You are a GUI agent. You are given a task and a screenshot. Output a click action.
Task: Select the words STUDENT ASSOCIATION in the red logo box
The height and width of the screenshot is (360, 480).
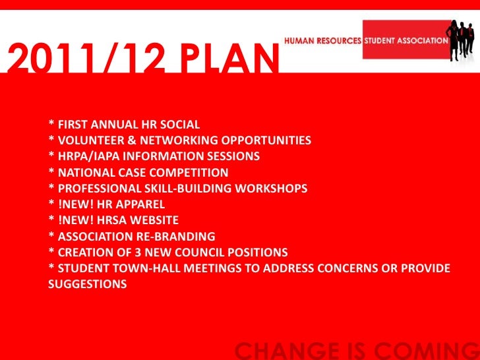tap(407, 40)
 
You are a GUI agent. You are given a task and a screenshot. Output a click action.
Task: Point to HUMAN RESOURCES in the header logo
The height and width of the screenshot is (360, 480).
tap(322, 40)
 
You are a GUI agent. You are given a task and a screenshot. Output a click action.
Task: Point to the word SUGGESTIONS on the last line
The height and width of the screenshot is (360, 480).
tap(88, 284)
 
